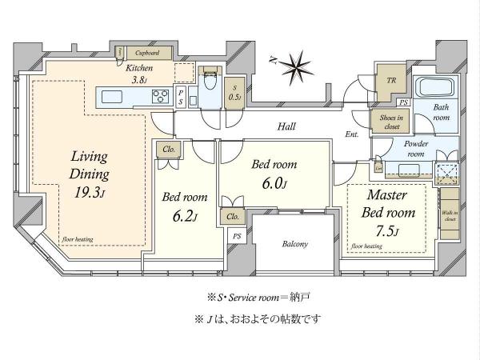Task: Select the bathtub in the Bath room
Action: pos(434,88)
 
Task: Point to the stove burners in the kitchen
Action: pos(161,97)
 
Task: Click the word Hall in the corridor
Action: pos(289,126)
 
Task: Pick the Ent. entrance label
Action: pos(353,136)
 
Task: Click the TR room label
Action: pos(392,81)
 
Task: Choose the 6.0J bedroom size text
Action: pos(274,184)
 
